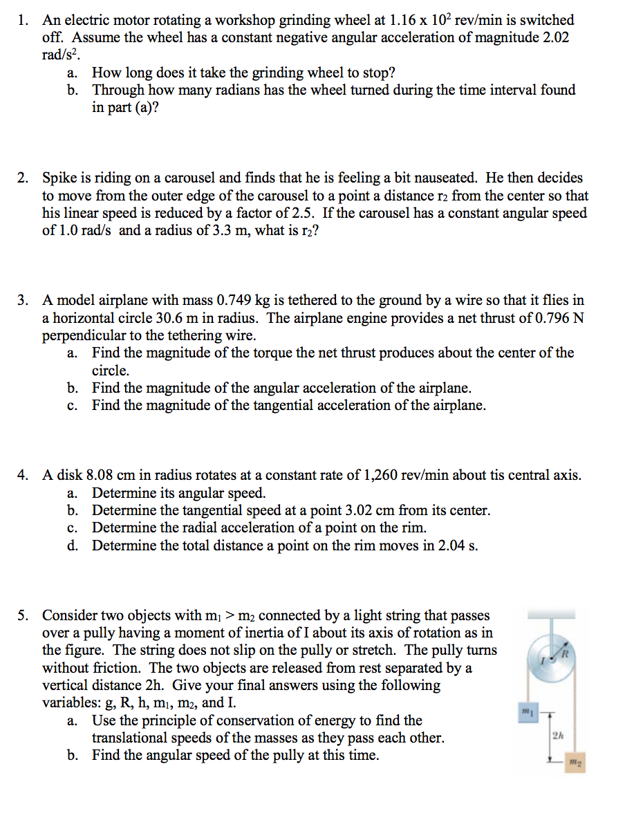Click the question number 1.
(23, 21)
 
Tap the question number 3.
(23, 301)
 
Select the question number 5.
(23, 615)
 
